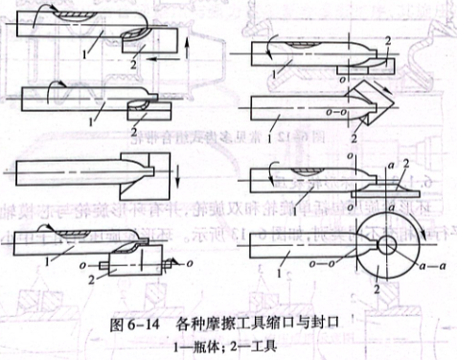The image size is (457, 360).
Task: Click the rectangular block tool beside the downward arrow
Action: tap(145, 170)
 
